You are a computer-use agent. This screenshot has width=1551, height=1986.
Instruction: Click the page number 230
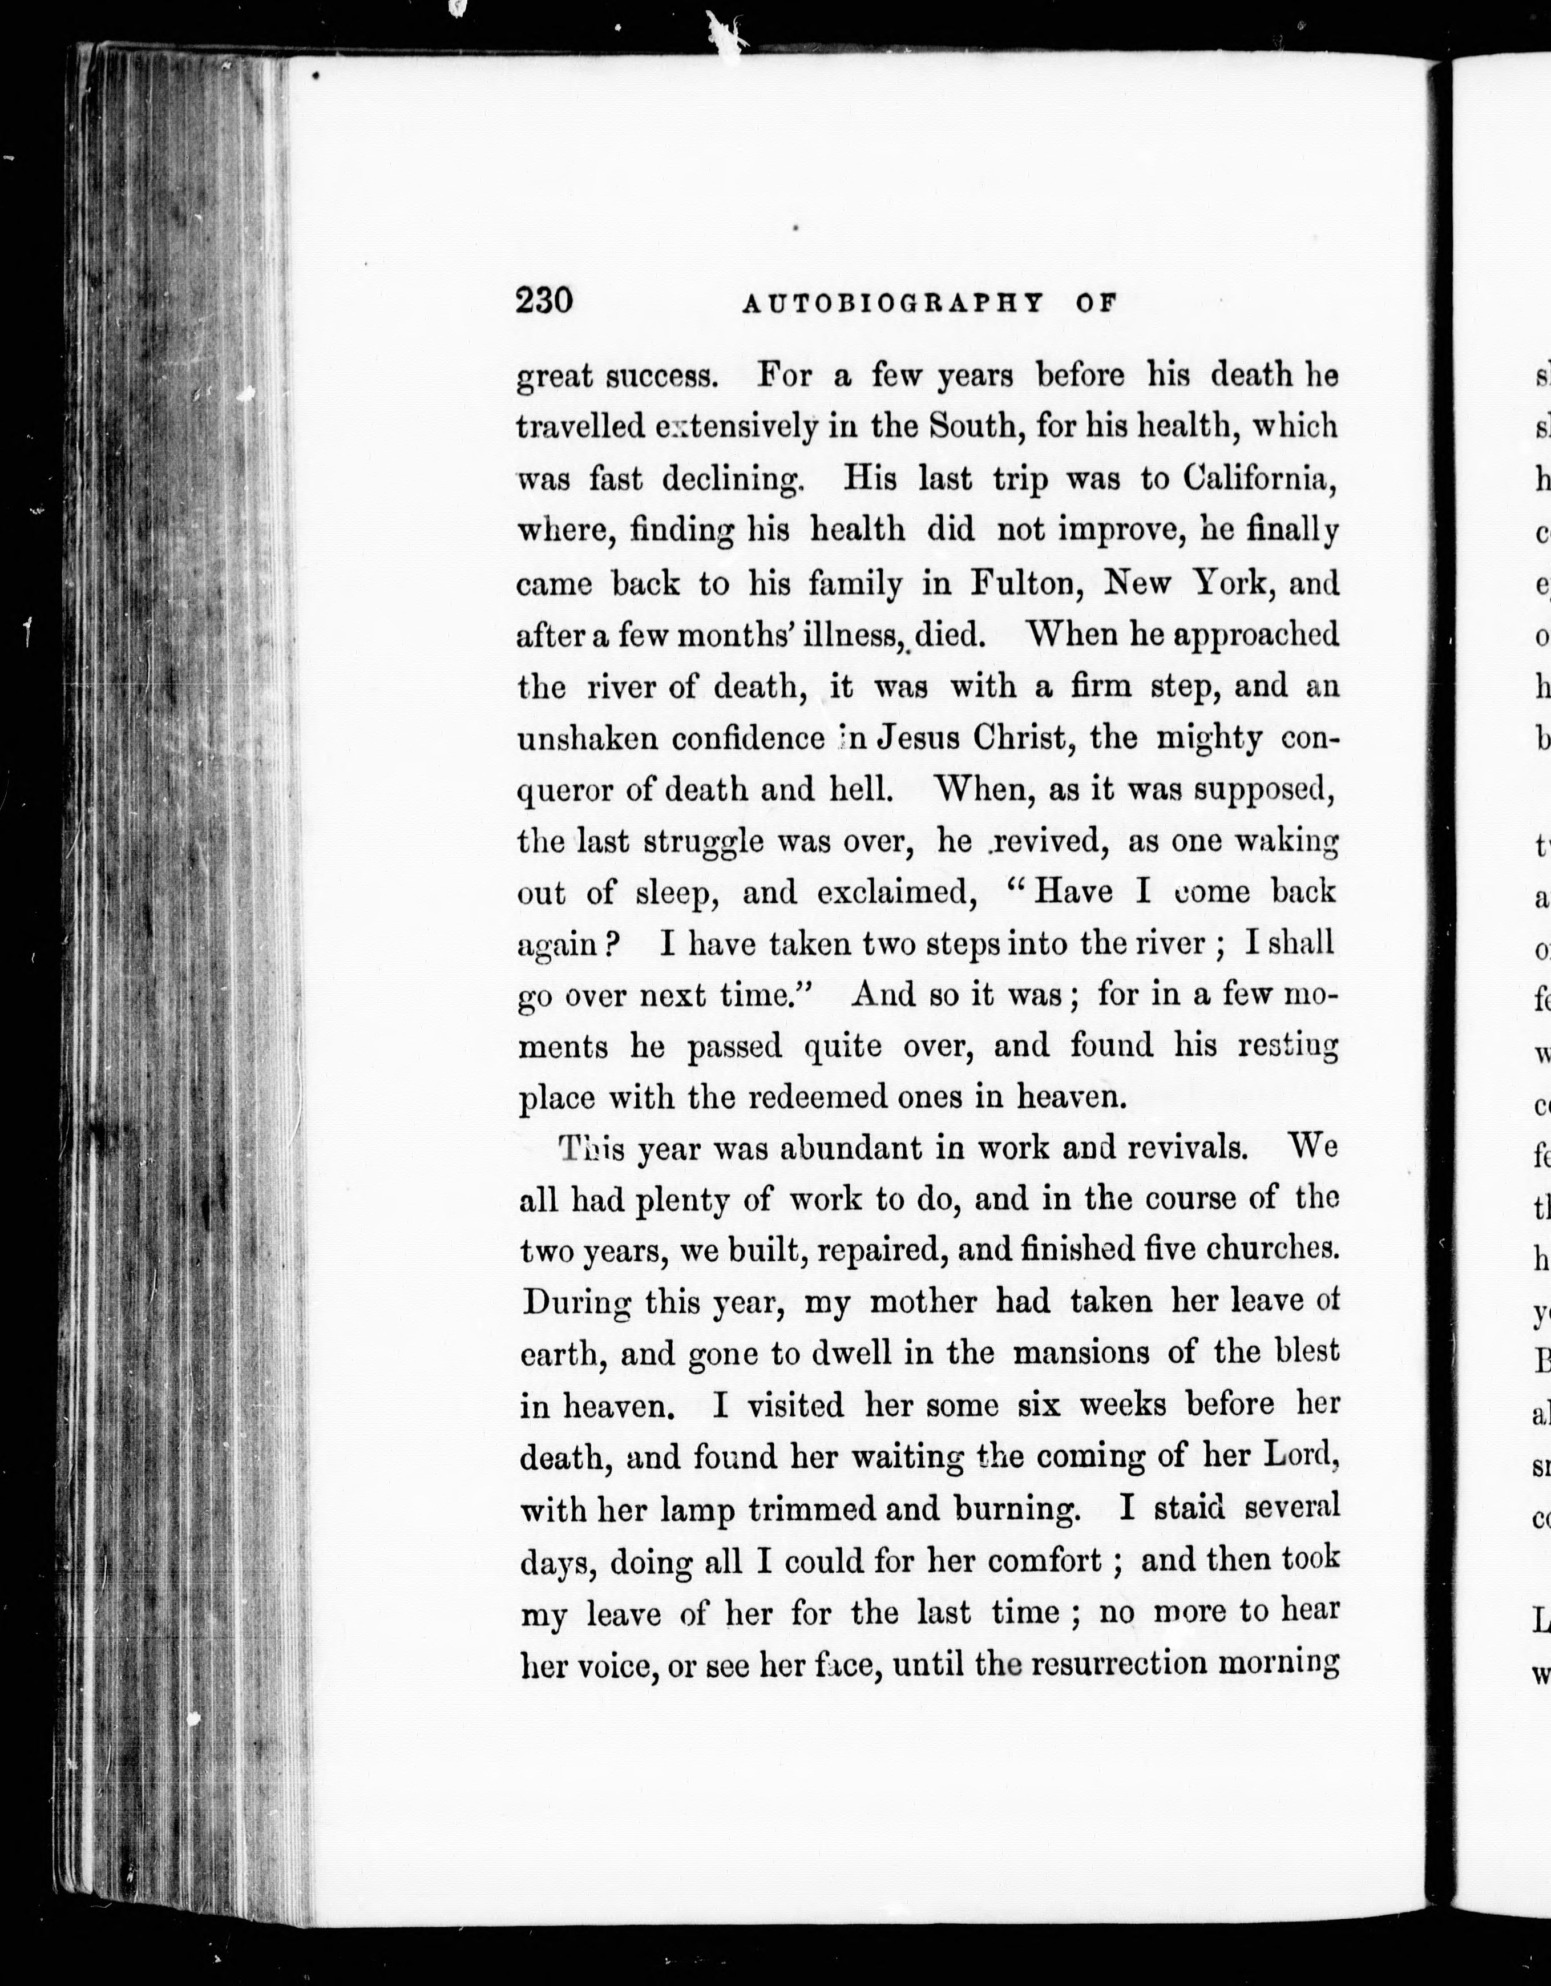click(544, 300)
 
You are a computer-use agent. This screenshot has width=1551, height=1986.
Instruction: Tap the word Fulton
click(1025, 583)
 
